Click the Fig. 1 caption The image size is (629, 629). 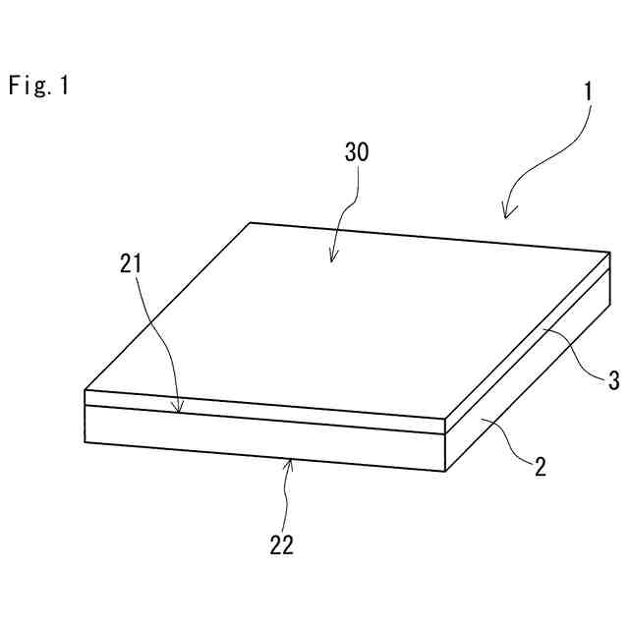coord(39,86)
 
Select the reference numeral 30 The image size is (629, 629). coord(358,152)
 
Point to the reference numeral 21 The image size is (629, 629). coord(133,262)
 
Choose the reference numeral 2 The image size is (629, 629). coord(540,466)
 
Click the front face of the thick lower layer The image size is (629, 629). coord(265,437)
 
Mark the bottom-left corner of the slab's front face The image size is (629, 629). coord(86,442)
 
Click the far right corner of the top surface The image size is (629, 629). coord(610,253)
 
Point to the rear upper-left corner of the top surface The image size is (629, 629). coord(250,222)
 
